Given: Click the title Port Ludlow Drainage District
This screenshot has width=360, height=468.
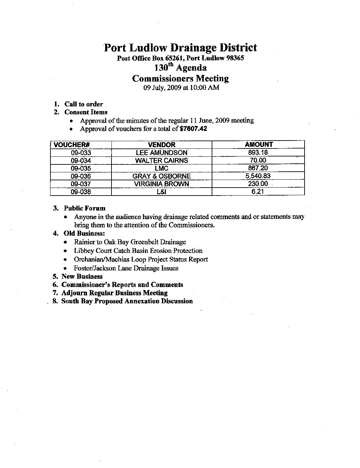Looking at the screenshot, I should pos(180,48).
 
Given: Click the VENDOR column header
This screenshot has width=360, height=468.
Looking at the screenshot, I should pos(161,145).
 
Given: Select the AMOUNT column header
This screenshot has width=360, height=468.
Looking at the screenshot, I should pos(258,145).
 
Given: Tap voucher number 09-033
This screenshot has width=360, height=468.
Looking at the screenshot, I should pos(81,153).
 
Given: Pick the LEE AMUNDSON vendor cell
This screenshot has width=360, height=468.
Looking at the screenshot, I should pos(162,153).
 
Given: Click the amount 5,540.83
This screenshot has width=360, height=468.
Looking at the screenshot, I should pos(258,176).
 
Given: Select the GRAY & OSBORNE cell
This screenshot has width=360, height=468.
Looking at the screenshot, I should pos(162,176).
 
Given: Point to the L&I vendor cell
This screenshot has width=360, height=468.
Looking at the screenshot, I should pos(162,192).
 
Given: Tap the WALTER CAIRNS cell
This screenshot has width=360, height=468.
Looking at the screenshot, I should pos(162,160).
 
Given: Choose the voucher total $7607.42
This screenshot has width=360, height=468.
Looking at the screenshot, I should pos(193,129).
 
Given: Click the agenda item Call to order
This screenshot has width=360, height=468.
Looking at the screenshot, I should pos(84,104).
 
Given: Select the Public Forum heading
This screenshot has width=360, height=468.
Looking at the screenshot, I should pos(85,208).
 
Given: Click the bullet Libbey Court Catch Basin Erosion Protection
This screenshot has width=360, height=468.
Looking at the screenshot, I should pos(138,251).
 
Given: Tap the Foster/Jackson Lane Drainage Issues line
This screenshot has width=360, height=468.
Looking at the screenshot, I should pos(126,268).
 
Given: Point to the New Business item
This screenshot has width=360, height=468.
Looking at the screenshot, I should pos(82,276).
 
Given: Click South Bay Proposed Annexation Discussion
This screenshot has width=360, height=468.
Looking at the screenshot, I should pos(127,301).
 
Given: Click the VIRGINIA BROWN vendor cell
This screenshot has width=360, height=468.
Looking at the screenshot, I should pos(162,184).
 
